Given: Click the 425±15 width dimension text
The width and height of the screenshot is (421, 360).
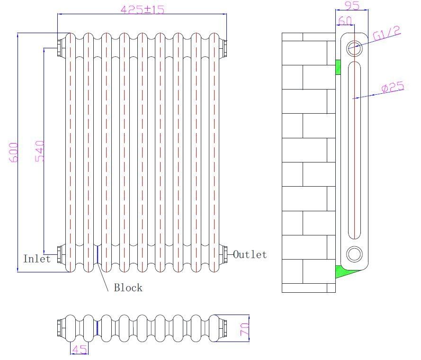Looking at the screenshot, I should pos(143,9).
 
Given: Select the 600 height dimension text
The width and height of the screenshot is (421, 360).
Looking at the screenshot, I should pos(15,152).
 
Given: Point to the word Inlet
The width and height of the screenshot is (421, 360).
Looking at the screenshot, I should pos(36,259).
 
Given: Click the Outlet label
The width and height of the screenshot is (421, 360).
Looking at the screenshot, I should pos(250,255).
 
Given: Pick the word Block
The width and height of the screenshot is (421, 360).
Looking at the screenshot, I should pos(128,288).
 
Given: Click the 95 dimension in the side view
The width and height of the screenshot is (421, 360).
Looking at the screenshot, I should pos(351,6).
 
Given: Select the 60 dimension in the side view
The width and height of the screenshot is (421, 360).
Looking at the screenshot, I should pos(345,21).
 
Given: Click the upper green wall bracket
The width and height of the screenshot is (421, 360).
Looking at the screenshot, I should pos(338,67).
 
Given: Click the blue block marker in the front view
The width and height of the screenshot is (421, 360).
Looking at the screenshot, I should pos(97,254).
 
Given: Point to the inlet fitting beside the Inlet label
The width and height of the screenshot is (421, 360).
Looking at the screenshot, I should pos(60,254).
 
